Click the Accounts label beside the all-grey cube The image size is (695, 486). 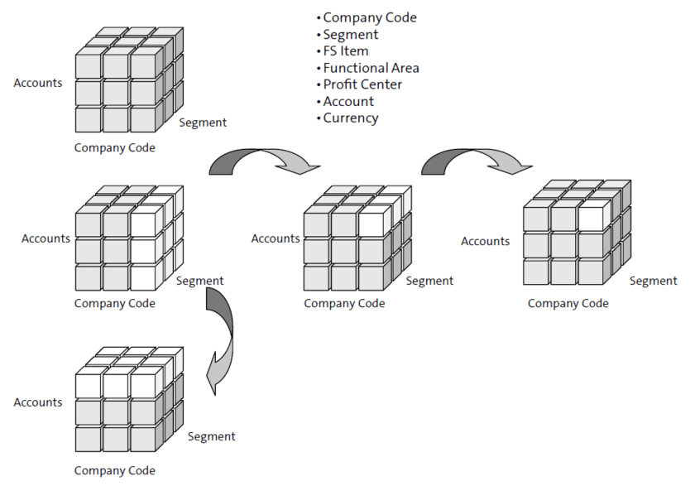38,83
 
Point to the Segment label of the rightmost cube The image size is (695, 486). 653,281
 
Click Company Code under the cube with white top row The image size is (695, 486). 114,470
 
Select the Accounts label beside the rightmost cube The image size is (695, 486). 485,241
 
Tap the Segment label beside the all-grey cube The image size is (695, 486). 203,123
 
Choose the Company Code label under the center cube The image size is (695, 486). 344,303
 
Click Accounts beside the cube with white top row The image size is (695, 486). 38,402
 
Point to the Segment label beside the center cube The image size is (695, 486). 429,281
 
